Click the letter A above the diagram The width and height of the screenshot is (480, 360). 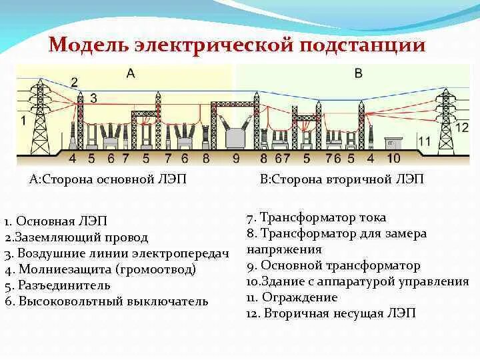coord(130,73)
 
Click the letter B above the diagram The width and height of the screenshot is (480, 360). coord(358,73)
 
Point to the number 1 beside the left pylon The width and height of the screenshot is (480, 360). coord(24,121)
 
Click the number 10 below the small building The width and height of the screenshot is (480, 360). coord(394,158)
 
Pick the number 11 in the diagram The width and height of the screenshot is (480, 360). coord(425,141)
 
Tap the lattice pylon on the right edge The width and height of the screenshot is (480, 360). coord(445,117)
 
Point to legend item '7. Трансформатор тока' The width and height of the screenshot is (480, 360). coord(316,218)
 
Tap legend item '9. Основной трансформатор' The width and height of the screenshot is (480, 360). coord(333,265)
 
